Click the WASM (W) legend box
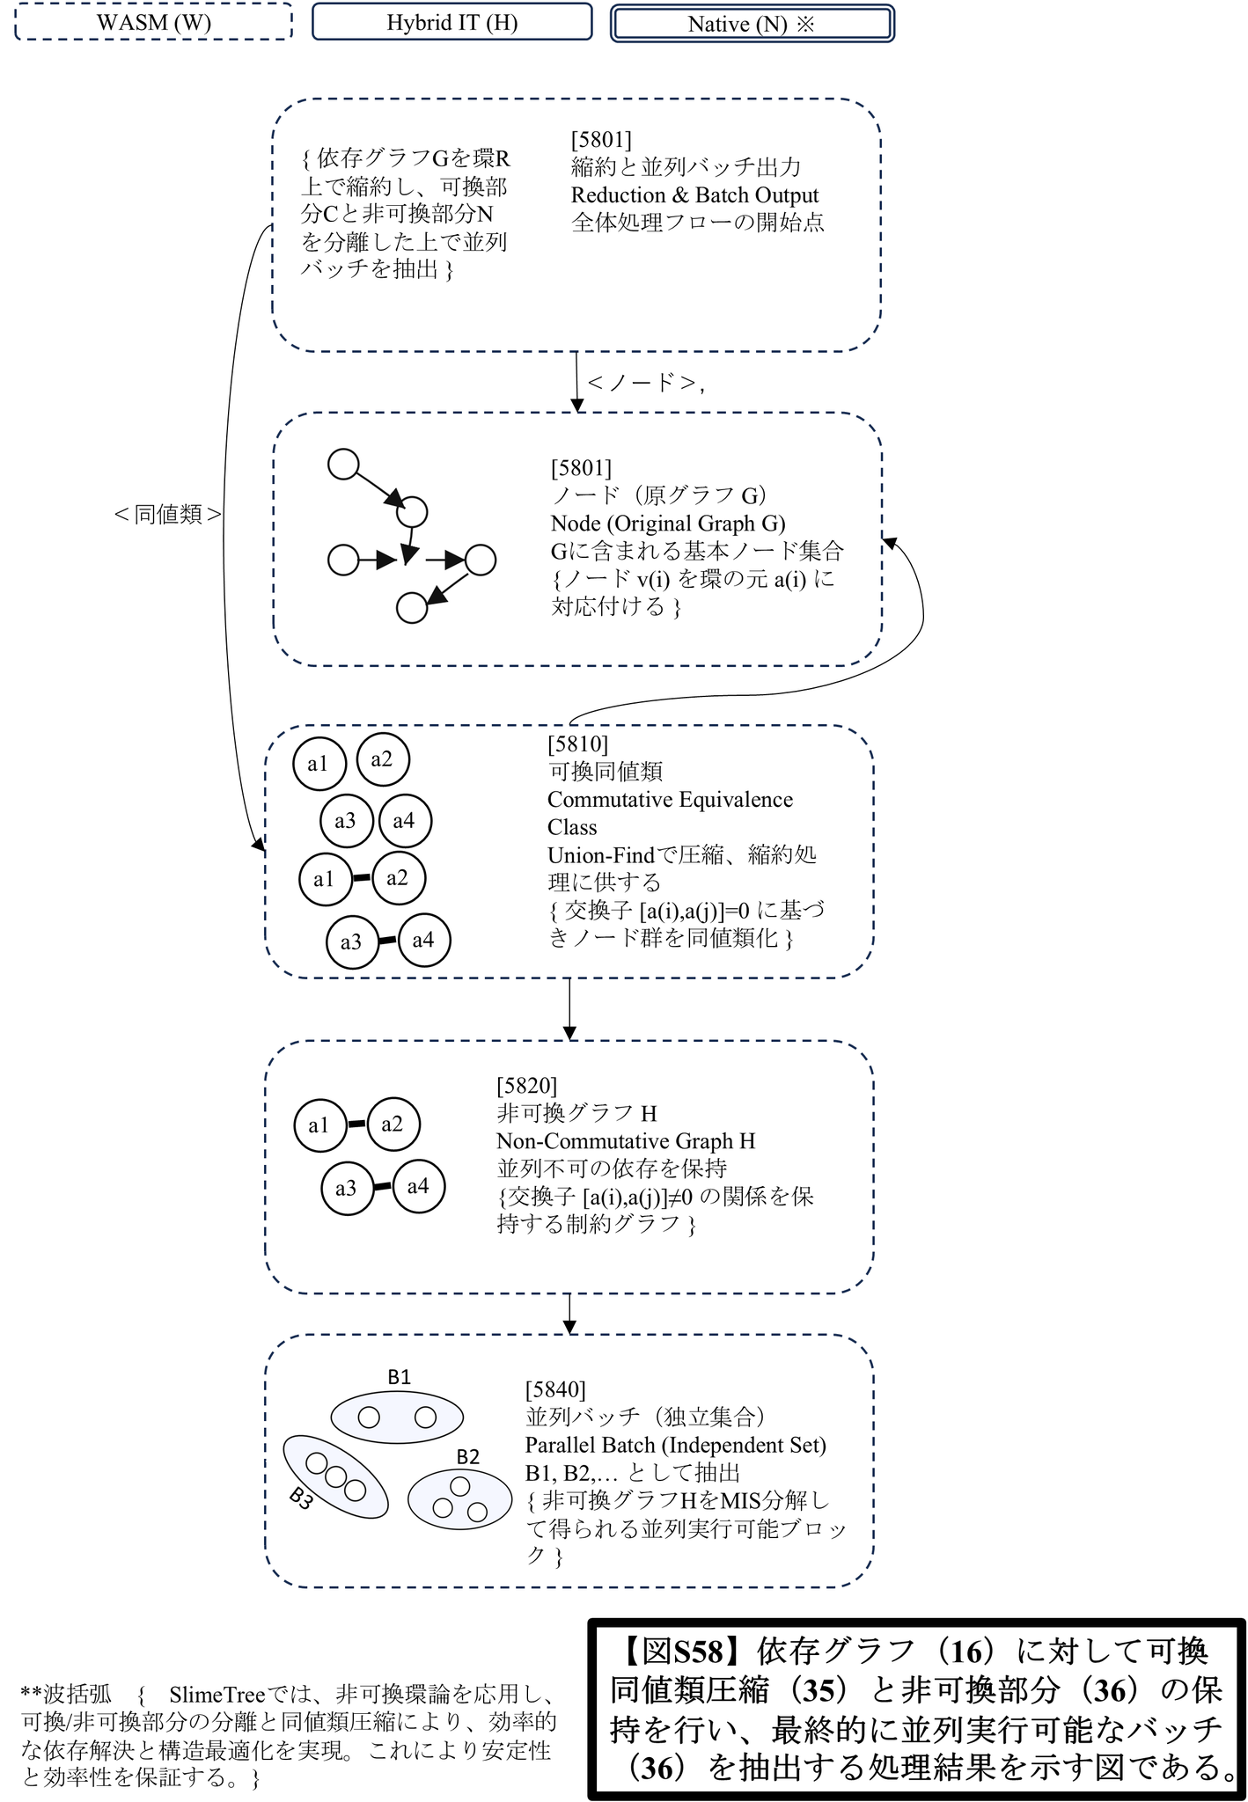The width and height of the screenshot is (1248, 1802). click(x=154, y=22)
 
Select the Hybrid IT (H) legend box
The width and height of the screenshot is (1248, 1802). click(x=451, y=22)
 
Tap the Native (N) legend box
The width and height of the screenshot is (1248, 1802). click(x=752, y=24)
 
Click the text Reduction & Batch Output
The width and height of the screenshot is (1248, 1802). click(x=694, y=194)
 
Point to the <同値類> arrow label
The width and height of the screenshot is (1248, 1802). click(x=167, y=515)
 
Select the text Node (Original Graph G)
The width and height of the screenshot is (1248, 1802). click(x=668, y=523)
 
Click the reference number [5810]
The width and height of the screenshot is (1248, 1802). click(x=577, y=744)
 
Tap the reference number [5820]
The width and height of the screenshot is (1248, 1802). click(x=526, y=1086)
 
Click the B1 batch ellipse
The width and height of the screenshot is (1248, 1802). click(x=397, y=1417)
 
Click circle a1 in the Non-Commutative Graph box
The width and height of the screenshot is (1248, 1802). click(x=319, y=1124)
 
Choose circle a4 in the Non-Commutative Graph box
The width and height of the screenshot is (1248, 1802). click(x=418, y=1186)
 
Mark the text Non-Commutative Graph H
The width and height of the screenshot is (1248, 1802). click(x=626, y=1141)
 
